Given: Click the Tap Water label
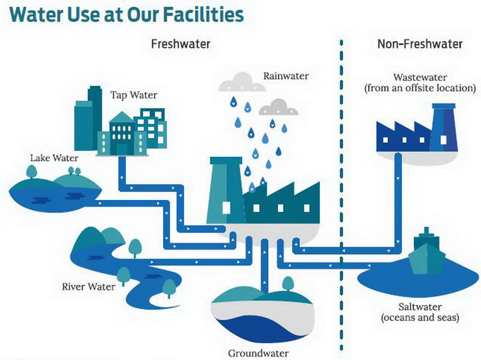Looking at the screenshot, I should click(x=134, y=96).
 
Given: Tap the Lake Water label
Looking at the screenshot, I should click(x=54, y=158).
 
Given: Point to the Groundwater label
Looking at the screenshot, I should click(x=258, y=354).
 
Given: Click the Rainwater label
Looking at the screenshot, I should click(x=286, y=75).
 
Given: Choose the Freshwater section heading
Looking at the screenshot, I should click(x=180, y=44).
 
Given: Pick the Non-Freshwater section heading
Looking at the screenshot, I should click(x=420, y=44).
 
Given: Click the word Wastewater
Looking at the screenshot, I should click(x=420, y=77).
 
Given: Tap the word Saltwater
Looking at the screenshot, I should click(x=420, y=308).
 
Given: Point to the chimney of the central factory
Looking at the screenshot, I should click(x=226, y=188).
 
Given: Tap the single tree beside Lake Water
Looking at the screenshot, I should click(x=31, y=172).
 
